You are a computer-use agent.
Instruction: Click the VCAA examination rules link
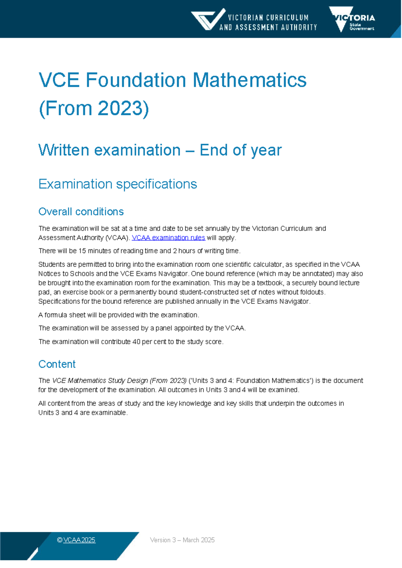(x=168, y=238)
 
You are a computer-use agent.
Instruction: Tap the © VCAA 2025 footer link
(x=76, y=540)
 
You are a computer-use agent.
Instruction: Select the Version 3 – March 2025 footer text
(x=182, y=540)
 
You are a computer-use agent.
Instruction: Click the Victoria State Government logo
(x=352, y=19)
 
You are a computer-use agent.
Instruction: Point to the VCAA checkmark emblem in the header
(x=208, y=19)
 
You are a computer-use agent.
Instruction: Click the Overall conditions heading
(x=81, y=212)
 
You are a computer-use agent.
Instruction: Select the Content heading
(x=57, y=364)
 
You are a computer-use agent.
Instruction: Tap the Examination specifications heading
(x=118, y=184)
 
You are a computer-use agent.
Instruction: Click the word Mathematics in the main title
(x=250, y=80)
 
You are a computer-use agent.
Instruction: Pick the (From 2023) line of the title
(x=94, y=108)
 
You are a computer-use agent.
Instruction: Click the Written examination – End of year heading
(x=160, y=150)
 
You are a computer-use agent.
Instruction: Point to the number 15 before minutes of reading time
(x=82, y=251)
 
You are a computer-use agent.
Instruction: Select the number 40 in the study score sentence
(x=136, y=342)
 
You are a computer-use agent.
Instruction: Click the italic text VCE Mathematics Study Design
(x=100, y=380)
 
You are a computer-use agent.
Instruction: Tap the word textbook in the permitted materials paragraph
(x=270, y=283)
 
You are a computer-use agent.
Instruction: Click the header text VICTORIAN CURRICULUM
(x=268, y=17)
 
